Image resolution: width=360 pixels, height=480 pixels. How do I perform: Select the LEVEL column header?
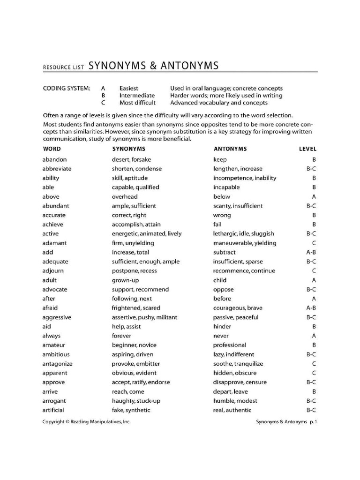coord(307,149)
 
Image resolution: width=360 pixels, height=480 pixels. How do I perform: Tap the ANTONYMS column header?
coord(230,149)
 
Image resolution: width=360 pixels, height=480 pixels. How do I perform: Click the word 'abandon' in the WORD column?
coord(54,159)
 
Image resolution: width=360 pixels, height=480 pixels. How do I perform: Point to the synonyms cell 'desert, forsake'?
coord(131,159)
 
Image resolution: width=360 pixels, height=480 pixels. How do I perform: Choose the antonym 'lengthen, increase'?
coord(238,169)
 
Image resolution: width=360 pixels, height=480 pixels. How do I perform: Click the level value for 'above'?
coord(314,196)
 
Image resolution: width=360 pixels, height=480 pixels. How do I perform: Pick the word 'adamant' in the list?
coord(54,243)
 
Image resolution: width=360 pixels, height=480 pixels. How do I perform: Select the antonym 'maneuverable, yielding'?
coord(245,243)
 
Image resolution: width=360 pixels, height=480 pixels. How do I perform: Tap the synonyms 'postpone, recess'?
coord(134,270)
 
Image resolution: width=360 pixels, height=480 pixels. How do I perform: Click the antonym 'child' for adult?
coord(220,280)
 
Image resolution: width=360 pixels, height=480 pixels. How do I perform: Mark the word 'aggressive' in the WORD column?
coord(57,317)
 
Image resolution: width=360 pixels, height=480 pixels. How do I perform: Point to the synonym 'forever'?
coord(121,336)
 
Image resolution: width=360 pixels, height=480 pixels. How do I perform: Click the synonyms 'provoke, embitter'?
coord(135,364)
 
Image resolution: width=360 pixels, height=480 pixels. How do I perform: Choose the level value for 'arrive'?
coord(314,391)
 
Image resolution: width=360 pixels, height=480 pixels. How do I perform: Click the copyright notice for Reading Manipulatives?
coord(87,422)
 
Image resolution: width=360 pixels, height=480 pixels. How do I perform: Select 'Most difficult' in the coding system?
coord(137,103)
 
